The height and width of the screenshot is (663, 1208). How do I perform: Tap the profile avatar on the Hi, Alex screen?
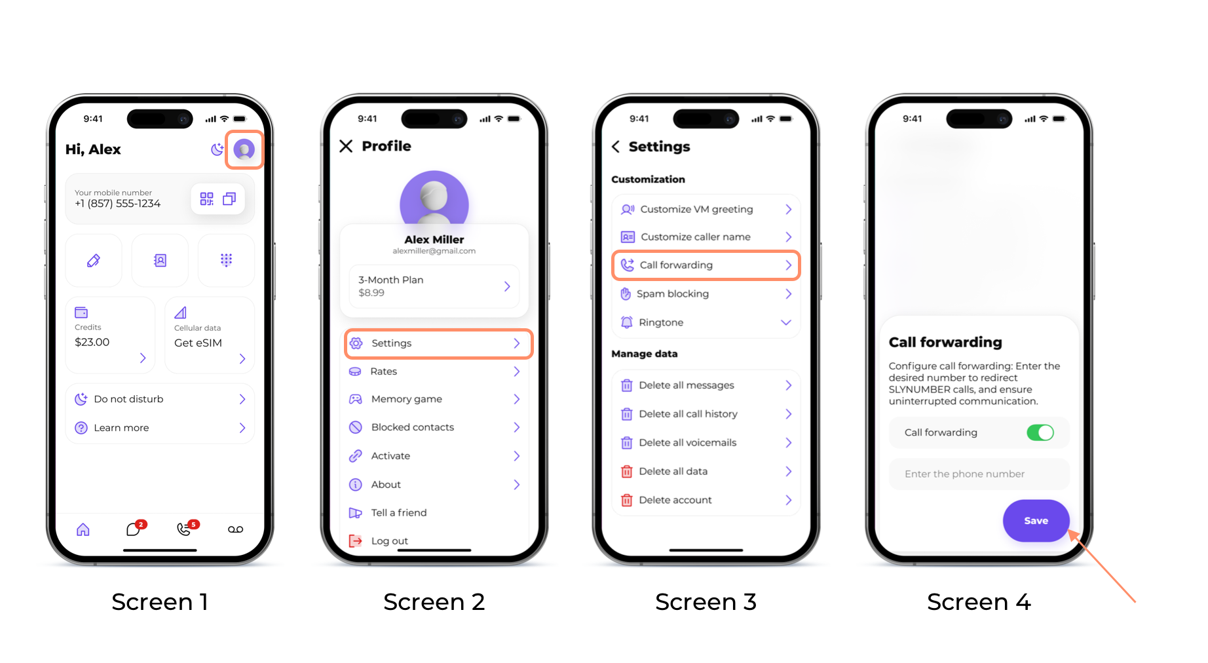244,149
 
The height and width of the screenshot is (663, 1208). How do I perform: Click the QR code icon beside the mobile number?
206,199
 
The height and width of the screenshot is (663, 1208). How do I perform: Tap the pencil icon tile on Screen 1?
94,261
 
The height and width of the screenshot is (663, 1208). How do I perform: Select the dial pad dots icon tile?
226,261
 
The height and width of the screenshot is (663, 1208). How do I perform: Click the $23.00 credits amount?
92,342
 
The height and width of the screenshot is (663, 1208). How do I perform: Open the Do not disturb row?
160,399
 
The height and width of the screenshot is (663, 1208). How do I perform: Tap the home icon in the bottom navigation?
83,529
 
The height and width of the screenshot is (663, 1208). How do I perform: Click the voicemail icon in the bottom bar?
236,529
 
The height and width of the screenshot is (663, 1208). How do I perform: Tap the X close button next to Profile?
346,146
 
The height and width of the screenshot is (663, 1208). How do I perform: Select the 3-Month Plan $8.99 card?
434,286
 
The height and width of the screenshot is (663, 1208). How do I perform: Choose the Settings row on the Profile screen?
438,343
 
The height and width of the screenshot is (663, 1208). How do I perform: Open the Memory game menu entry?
434,399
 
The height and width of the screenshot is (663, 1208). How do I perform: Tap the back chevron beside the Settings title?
616,147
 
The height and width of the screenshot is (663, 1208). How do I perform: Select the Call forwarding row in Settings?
706,265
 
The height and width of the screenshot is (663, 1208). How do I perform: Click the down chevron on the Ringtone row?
786,322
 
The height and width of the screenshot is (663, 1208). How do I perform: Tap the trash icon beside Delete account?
627,501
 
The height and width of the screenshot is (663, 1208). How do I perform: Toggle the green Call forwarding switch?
1040,432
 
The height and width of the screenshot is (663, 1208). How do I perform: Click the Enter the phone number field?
979,474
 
